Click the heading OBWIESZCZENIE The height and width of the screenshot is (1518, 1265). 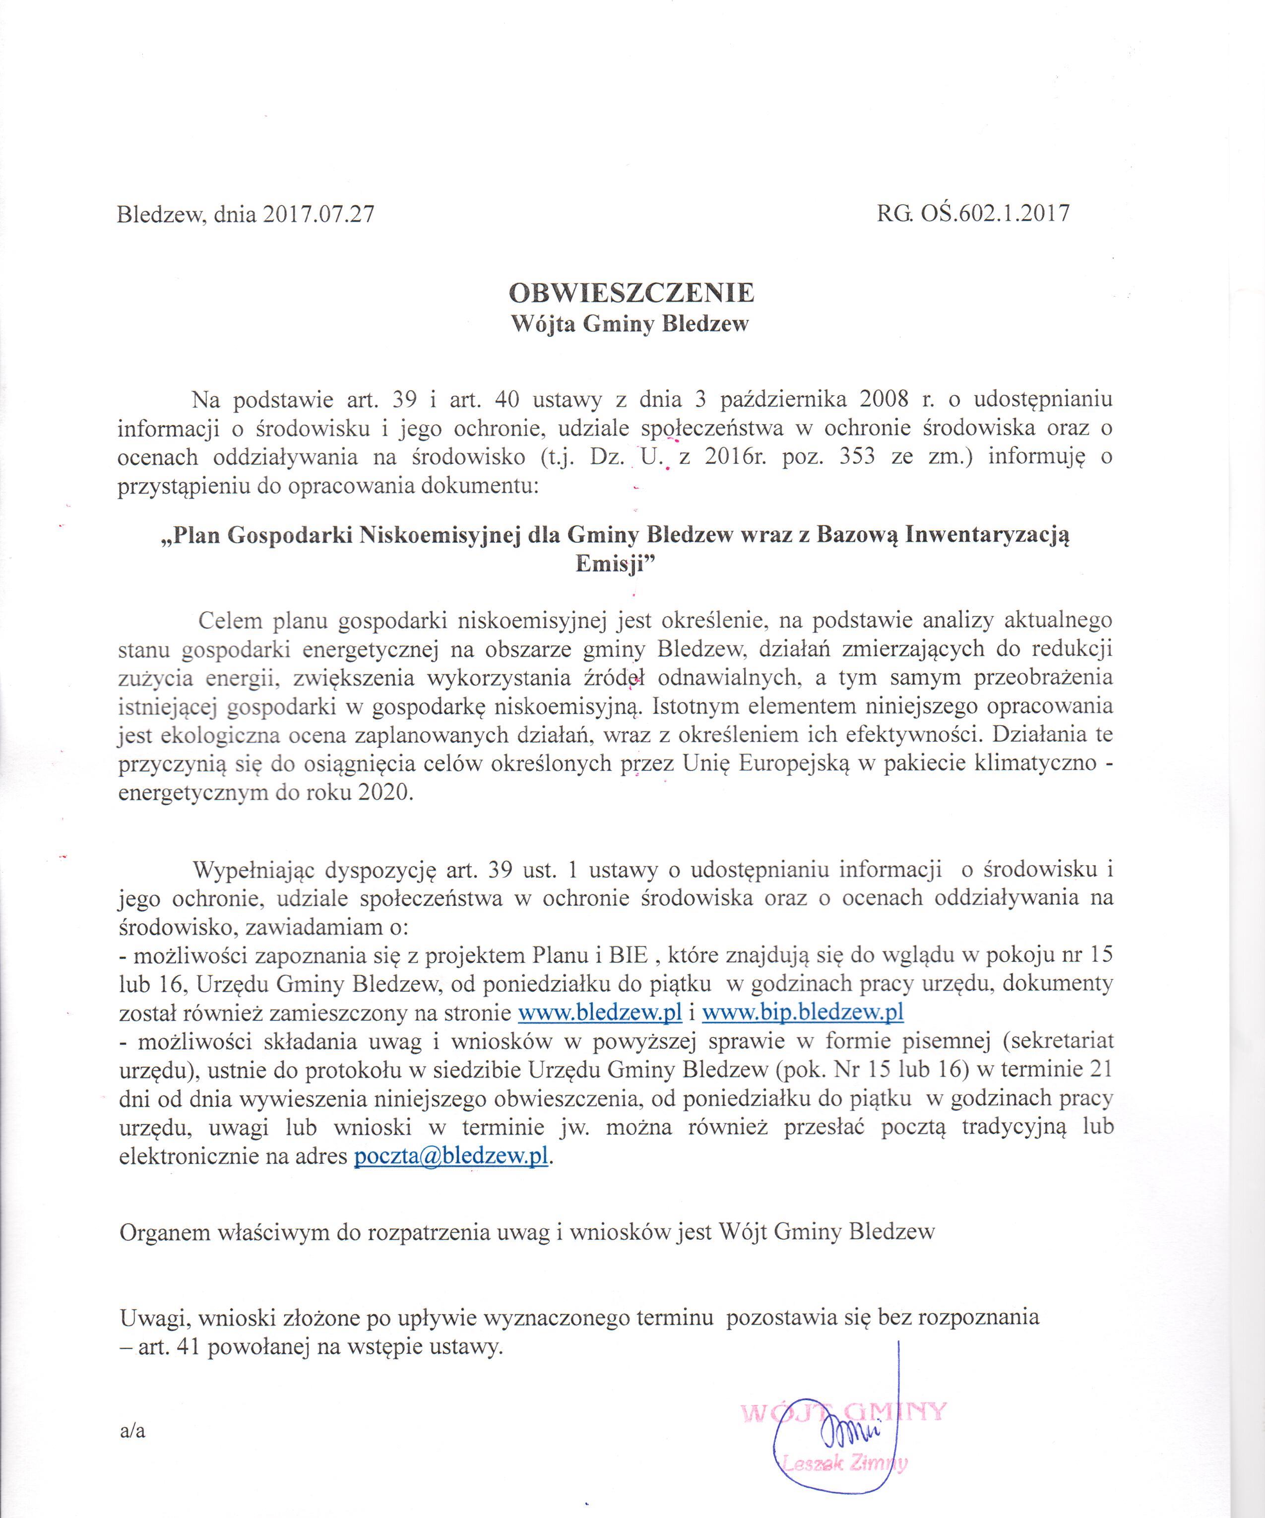click(x=632, y=292)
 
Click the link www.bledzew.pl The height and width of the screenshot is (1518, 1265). click(x=601, y=1012)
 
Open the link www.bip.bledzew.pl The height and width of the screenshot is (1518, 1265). click(x=802, y=1012)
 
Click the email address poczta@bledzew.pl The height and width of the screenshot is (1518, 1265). click(x=450, y=1156)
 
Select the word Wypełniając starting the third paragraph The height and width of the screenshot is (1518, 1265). click(x=253, y=869)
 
